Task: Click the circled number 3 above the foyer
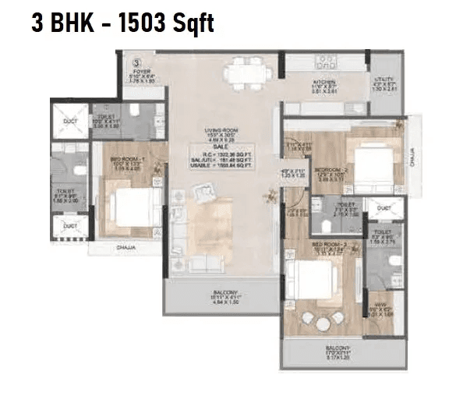pos(136,59)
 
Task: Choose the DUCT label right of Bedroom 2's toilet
pos(382,209)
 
